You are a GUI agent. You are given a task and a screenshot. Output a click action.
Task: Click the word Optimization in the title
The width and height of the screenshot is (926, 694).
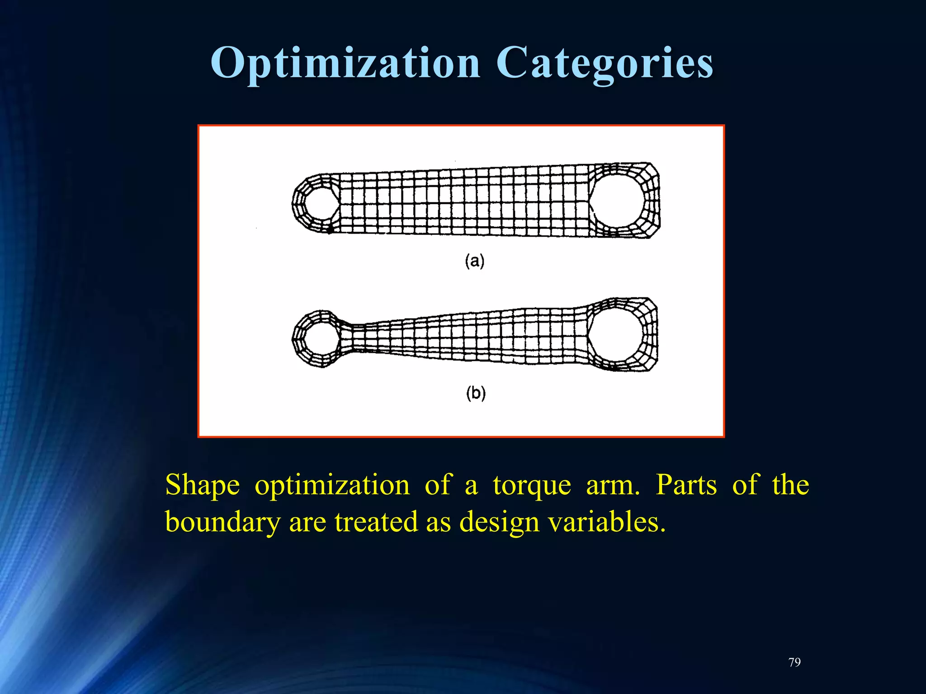345,63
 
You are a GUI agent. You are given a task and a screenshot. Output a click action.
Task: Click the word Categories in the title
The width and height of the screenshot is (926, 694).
605,63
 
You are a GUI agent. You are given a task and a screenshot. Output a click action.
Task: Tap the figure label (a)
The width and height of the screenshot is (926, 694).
475,261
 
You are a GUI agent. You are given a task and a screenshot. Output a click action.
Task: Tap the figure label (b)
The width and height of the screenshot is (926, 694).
476,393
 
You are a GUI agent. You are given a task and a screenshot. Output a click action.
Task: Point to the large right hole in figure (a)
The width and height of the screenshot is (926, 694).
617,200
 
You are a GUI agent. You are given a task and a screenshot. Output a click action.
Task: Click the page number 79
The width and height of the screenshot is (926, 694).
794,662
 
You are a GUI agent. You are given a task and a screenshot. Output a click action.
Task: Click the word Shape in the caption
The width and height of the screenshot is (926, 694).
202,485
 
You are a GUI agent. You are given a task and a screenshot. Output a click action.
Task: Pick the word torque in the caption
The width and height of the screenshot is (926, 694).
532,485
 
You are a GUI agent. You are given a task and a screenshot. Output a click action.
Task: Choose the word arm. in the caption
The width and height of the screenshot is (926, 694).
613,485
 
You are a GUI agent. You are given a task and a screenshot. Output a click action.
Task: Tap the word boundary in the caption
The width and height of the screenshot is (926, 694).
222,522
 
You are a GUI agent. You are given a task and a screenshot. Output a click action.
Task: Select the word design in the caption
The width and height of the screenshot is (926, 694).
499,522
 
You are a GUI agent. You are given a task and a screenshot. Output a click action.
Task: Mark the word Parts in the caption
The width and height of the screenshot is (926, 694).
686,485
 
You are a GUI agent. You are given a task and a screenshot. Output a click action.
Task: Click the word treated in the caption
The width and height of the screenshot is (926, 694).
376,522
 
